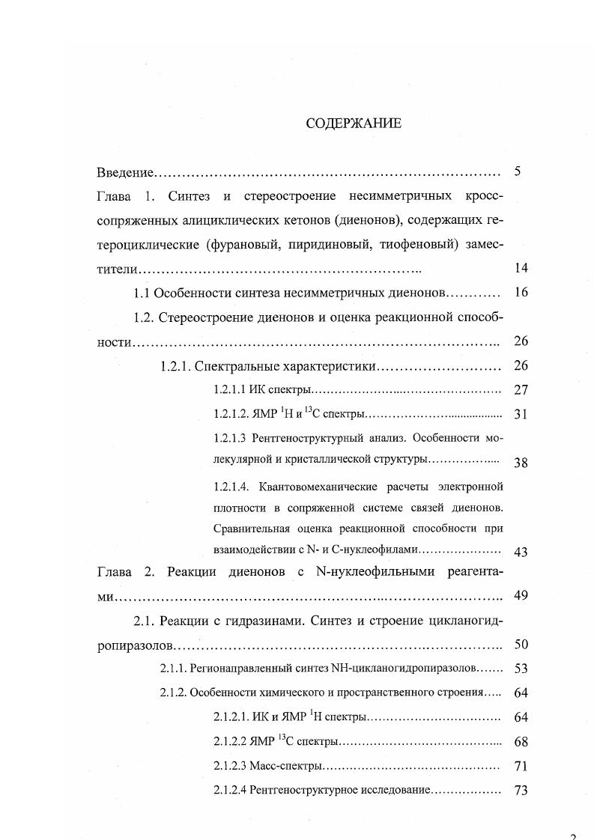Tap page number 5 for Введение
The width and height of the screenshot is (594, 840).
pos(518,171)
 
